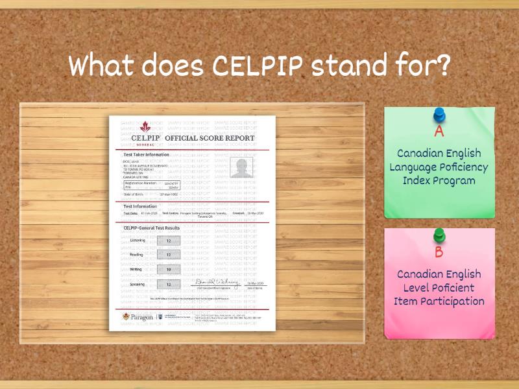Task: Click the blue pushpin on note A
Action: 439,116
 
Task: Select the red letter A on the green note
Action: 439,132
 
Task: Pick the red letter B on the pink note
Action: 439,253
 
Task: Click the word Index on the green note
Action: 420,180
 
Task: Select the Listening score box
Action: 169,241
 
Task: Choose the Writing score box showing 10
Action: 169,269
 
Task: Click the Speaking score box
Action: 169,284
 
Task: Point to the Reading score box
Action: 169,255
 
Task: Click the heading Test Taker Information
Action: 146,154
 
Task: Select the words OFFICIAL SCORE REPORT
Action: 210,138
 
